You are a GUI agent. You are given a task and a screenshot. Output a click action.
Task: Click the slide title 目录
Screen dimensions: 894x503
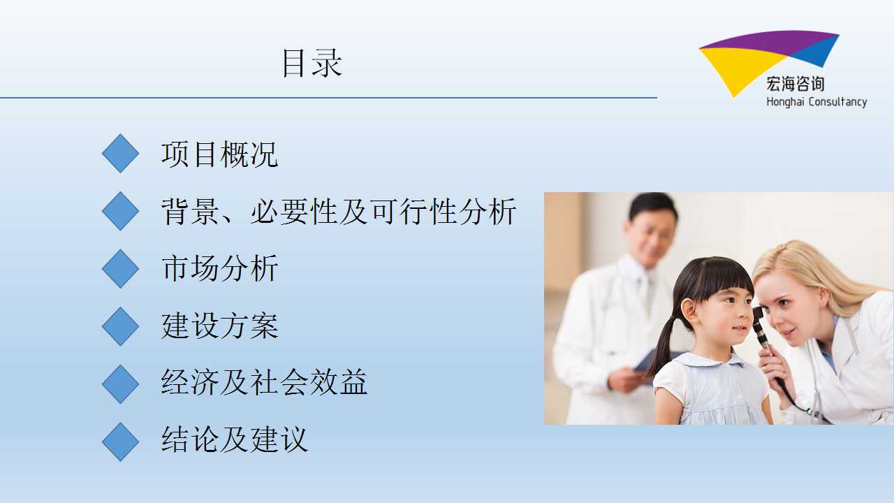312,63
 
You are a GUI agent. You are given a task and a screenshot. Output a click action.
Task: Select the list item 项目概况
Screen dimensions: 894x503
219,154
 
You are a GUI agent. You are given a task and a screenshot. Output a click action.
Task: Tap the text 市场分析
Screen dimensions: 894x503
219,269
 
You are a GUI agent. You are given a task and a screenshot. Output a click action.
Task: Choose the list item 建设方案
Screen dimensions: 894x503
219,326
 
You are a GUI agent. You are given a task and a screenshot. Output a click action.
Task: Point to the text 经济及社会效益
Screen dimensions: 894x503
264,382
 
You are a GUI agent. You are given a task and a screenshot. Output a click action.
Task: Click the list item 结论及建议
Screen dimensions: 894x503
235,439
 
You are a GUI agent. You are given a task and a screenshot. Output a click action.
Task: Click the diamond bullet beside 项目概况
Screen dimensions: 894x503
120,153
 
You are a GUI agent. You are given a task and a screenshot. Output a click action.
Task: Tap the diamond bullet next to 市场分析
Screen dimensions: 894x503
120,269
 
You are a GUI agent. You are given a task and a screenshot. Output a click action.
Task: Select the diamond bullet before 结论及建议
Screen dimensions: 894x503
120,442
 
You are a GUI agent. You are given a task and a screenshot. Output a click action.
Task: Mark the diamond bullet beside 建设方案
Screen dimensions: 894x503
120,326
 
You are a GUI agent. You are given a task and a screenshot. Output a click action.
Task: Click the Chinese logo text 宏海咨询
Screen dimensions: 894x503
795,83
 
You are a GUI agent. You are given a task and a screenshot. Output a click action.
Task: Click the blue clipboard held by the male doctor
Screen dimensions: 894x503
654,360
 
